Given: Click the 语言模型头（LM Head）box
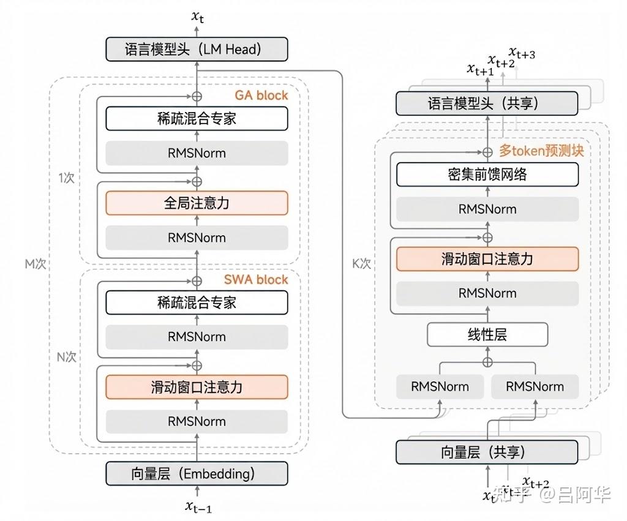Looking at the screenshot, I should coord(197,50).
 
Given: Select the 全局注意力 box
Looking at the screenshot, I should coord(197,203).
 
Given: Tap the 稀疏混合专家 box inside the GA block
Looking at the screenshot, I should coord(197,119).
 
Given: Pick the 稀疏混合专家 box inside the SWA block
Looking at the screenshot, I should coord(197,302).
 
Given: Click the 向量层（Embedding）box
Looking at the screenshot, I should coord(197,473).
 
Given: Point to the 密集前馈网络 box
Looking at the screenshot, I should coord(487,174).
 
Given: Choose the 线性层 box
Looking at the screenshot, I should coord(487,334).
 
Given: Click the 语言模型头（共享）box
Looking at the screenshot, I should coord(487,103).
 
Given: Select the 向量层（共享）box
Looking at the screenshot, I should coord(487,452).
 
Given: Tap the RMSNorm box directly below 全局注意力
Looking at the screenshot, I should coord(197,238).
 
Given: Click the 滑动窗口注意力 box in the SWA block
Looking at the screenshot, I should coord(197,387).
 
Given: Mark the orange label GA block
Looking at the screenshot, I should coord(261,96).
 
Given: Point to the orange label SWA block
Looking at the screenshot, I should coord(255,280).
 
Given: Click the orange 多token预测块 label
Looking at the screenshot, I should coord(541,151).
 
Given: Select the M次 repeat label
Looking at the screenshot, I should coord(35,264).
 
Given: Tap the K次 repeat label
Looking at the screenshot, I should coord(361,264).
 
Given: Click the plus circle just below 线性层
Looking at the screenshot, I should coord(487,362).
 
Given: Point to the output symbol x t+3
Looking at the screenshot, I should coord(522,54).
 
